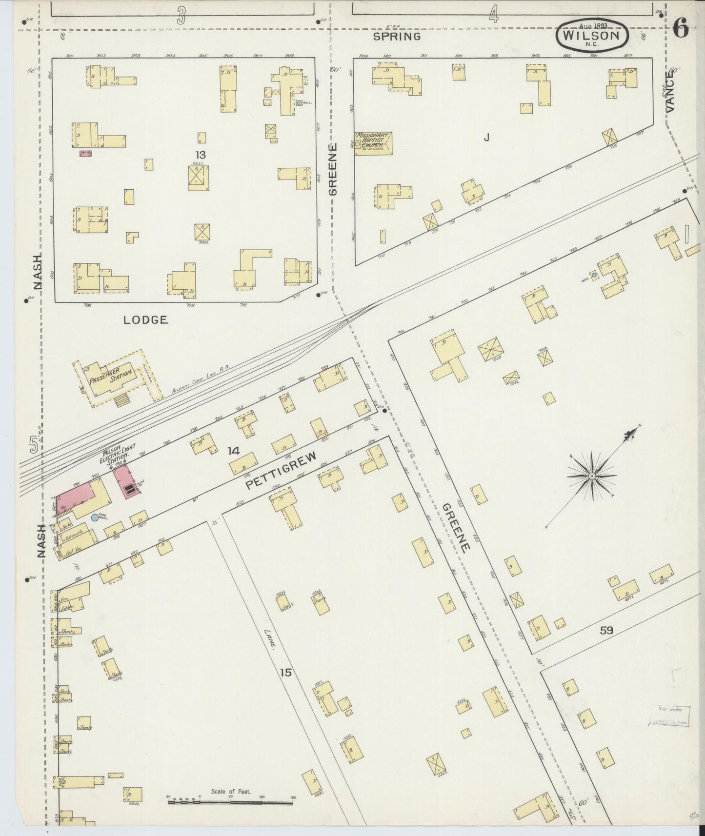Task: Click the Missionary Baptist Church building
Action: click(x=373, y=143)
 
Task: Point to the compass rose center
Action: click(x=591, y=476)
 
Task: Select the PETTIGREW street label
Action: click(x=281, y=470)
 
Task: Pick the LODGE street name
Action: click(x=145, y=320)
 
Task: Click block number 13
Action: click(x=200, y=155)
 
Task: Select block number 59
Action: click(x=606, y=630)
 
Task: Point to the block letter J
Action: click(x=486, y=138)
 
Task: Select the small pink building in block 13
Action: click(x=85, y=153)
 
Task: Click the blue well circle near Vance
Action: click(x=594, y=275)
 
